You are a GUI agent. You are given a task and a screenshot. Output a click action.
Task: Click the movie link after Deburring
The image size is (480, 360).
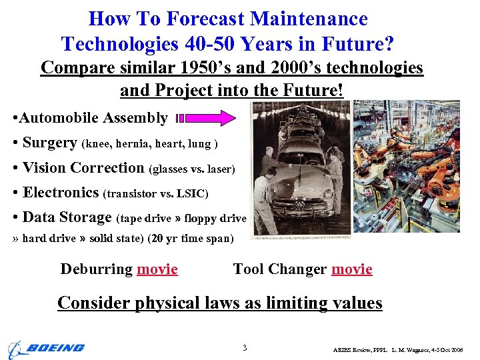click(x=157, y=269)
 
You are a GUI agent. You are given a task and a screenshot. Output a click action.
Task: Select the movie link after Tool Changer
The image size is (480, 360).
click(x=351, y=269)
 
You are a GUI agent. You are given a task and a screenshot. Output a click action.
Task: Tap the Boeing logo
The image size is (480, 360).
click(x=46, y=348)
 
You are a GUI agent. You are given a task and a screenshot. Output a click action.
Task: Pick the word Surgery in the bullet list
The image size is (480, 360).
click(x=49, y=143)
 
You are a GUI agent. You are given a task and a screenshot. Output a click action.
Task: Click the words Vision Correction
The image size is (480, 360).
click(x=83, y=168)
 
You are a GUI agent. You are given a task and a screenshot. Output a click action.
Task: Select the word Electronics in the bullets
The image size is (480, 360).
click(x=61, y=193)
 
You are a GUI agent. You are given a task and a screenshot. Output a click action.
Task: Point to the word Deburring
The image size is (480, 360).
click(x=97, y=269)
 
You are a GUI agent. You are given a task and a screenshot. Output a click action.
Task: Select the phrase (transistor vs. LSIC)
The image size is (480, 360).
click(x=156, y=194)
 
